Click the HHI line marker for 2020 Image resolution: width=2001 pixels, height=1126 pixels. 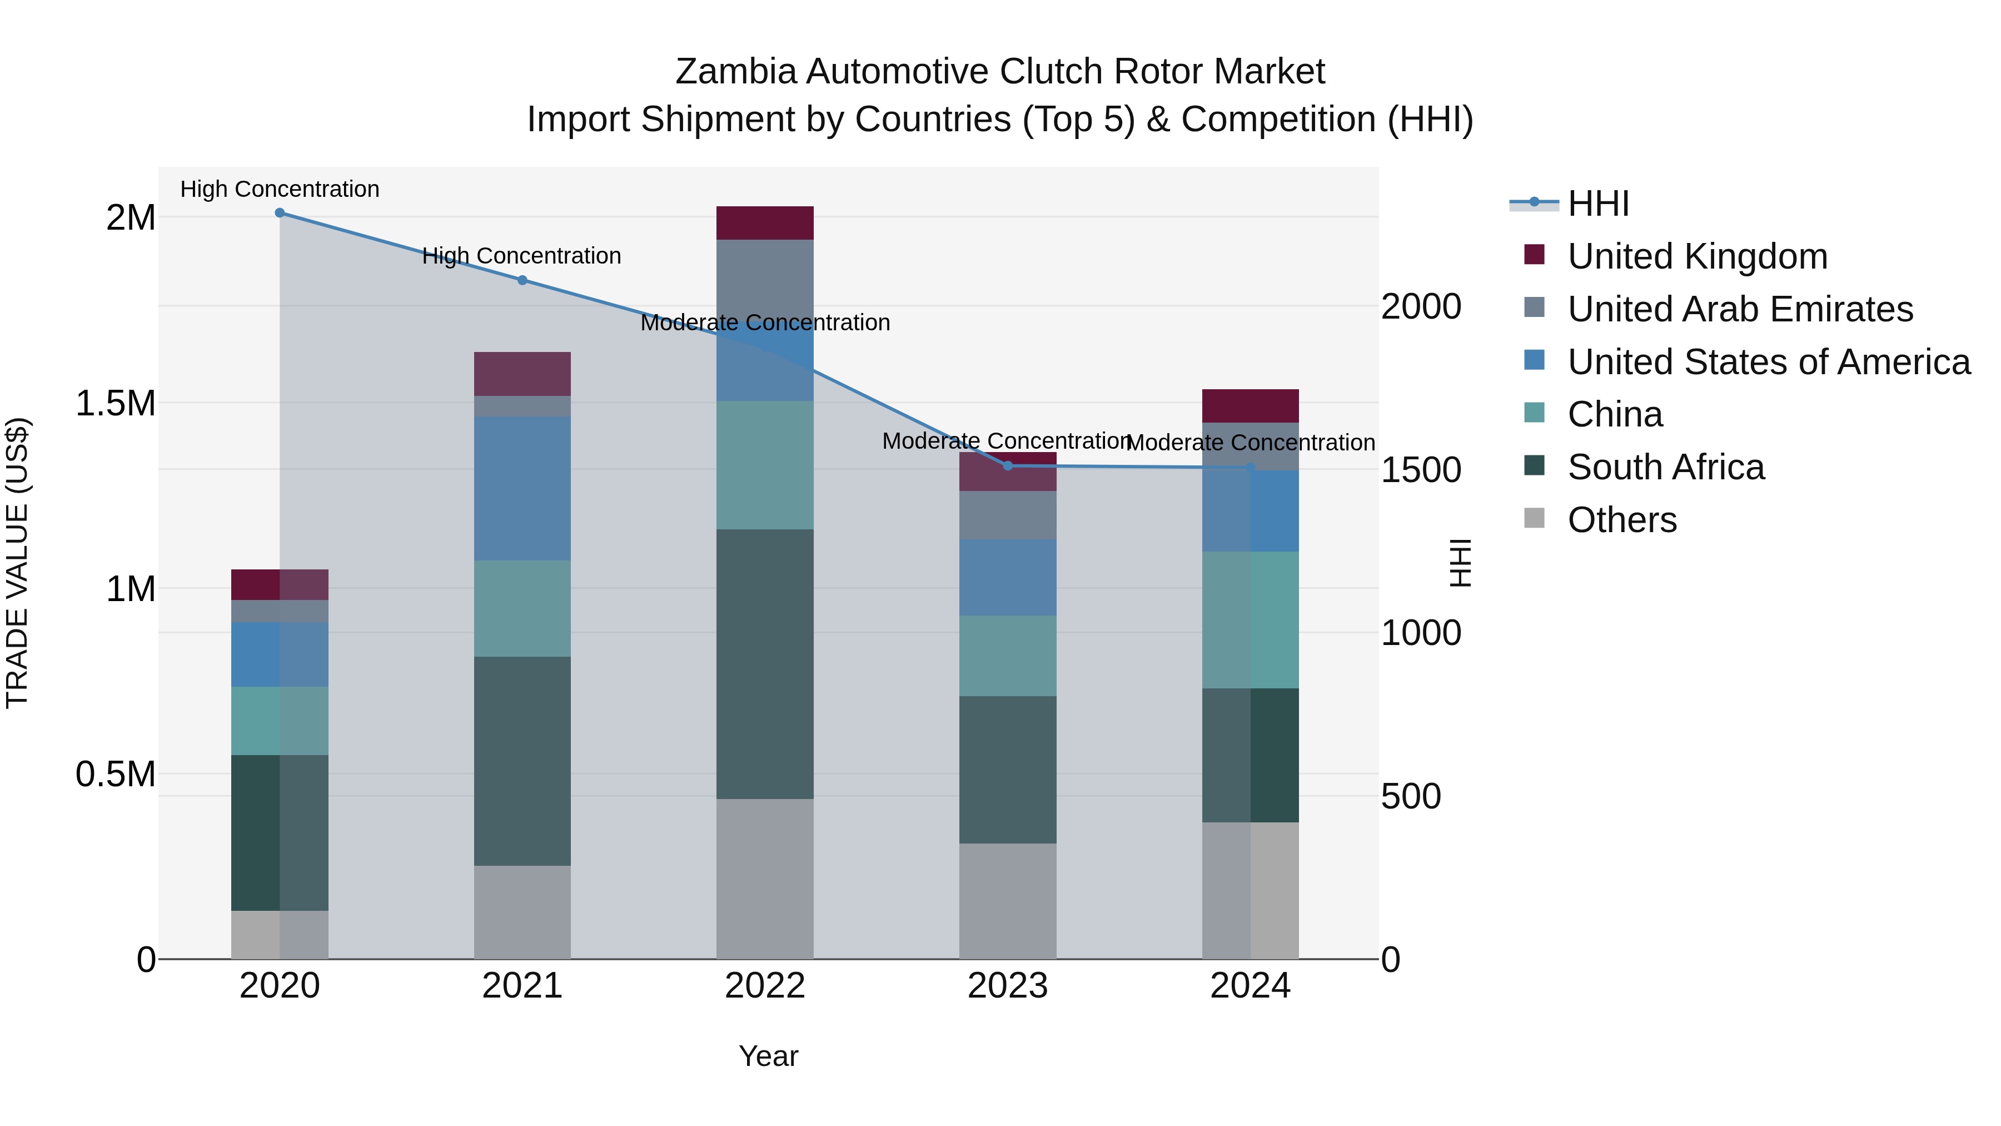(280, 213)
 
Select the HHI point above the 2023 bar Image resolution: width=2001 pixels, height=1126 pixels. (1008, 465)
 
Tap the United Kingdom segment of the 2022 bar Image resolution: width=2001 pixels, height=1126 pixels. (764, 223)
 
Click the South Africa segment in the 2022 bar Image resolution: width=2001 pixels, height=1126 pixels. (764, 664)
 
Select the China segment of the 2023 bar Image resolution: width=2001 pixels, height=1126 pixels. (1008, 656)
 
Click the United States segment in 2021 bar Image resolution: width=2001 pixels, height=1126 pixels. (522, 488)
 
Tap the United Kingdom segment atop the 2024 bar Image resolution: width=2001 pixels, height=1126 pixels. (1250, 406)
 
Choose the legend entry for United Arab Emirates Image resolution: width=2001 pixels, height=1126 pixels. (1739, 309)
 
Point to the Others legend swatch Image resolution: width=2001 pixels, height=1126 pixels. (1534, 518)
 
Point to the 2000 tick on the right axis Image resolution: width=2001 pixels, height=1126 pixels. (1421, 307)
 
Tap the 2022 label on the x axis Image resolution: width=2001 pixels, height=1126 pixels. (764, 986)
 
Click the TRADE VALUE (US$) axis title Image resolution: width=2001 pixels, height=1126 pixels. (17, 563)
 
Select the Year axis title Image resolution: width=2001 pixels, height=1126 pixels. (768, 1056)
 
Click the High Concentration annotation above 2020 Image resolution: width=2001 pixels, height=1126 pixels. (280, 189)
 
